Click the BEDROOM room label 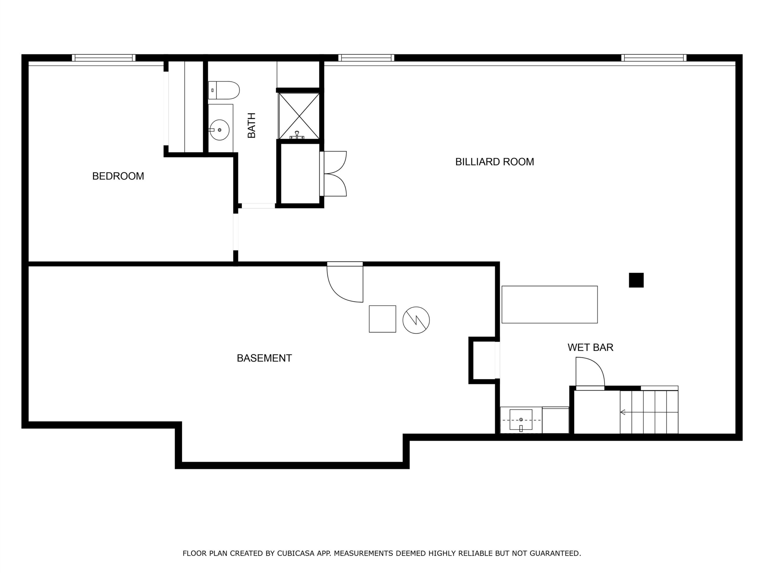point(118,176)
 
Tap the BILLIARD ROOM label point(495,162)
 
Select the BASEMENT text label point(264,358)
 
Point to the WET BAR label point(591,347)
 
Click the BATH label point(252,125)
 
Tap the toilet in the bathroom point(224,90)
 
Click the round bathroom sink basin point(220,130)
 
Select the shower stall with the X point(299,116)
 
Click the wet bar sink point(521,420)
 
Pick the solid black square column point(636,280)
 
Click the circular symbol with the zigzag point(416,320)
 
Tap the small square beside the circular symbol point(382,319)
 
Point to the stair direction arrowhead point(623,412)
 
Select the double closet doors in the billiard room point(334,174)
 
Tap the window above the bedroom point(104,58)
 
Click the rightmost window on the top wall point(654,58)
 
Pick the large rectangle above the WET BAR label point(549,305)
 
